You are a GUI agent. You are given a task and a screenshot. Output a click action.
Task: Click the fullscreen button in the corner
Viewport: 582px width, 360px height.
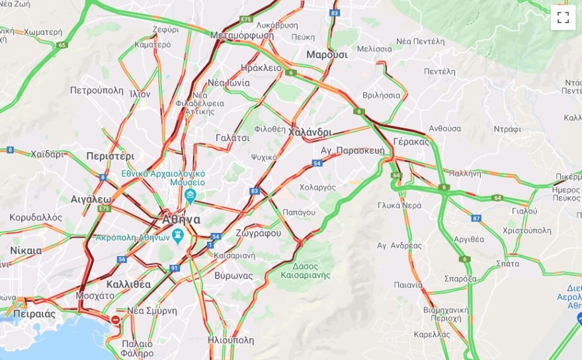click(x=563, y=18)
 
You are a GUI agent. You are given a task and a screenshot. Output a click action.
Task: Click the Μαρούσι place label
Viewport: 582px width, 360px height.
click(x=327, y=55)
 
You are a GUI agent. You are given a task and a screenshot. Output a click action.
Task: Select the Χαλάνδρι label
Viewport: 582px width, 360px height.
click(x=310, y=132)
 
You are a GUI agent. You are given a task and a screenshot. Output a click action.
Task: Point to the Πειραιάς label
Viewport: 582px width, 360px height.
click(x=33, y=314)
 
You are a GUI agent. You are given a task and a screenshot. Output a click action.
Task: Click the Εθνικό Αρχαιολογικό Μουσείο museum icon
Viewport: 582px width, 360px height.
click(x=190, y=195)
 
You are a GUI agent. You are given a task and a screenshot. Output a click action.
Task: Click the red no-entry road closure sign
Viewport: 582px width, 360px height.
click(x=116, y=320)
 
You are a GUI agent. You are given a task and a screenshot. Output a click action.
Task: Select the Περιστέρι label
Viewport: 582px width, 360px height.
click(x=110, y=156)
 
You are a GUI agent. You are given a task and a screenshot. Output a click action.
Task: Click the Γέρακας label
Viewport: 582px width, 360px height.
click(x=411, y=142)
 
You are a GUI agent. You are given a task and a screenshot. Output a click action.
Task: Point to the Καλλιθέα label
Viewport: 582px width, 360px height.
click(x=128, y=284)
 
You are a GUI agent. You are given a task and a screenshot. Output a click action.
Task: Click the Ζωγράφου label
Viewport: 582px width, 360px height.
click(x=258, y=233)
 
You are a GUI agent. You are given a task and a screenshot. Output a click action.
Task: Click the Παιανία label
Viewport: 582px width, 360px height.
click(x=408, y=285)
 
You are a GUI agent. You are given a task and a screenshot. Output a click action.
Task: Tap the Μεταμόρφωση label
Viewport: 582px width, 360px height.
click(x=241, y=35)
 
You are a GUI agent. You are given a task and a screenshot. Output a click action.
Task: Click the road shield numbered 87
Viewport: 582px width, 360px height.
click(x=476, y=218)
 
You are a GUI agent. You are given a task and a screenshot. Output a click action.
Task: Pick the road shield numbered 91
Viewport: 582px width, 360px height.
click(x=174, y=268)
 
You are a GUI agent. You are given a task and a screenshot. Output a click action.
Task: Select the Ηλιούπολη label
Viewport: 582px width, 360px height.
click(x=230, y=340)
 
